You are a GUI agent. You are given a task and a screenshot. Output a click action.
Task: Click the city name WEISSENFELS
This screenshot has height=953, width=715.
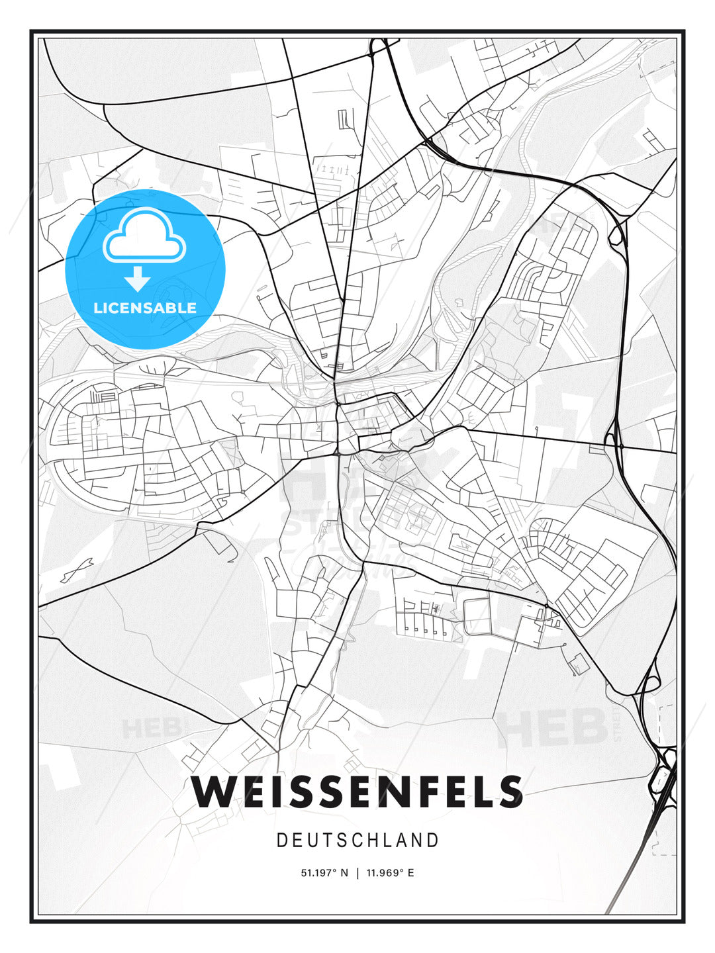[358, 792]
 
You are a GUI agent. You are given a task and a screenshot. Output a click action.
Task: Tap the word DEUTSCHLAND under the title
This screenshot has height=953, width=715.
[358, 840]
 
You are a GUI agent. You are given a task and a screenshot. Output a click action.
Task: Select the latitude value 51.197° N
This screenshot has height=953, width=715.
[324, 873]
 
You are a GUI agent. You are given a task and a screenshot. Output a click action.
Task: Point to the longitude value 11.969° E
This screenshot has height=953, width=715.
[390, 873]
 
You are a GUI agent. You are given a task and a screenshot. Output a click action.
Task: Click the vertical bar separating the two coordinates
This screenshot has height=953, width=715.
[358, 873]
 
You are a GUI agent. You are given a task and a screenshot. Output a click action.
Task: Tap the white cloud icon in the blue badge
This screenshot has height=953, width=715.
[144, 236]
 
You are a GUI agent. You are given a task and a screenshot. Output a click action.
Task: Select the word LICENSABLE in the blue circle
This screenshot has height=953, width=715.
[145, 308]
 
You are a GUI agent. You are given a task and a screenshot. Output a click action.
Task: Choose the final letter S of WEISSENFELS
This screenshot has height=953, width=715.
[510, 792]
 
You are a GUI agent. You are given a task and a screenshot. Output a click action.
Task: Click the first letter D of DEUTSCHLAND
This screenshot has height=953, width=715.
[281, 840]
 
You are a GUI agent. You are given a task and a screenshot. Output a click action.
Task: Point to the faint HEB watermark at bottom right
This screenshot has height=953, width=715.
[553, 726]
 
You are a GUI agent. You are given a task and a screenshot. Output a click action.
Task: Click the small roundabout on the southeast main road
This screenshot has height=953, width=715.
[546, 606]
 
